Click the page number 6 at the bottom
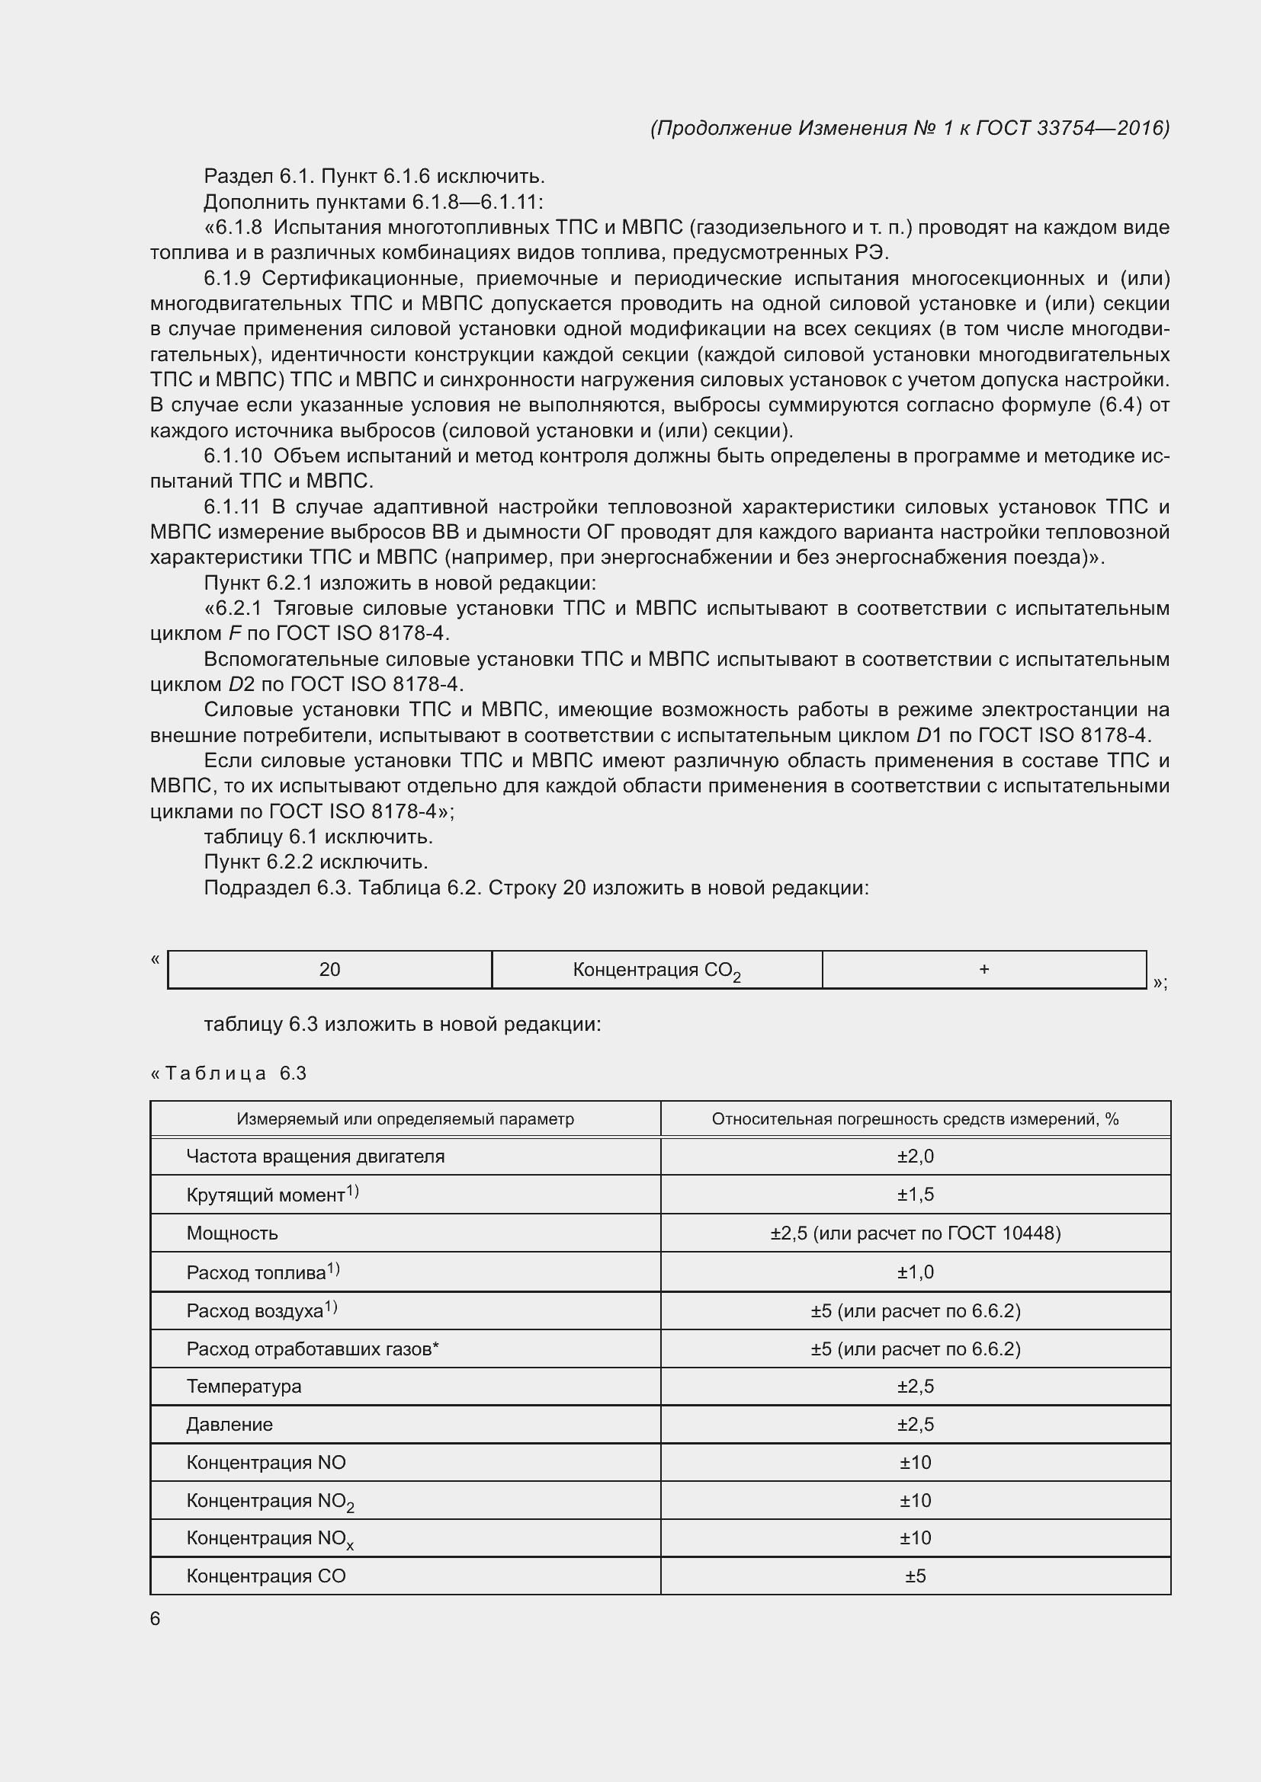tap(156, 1618)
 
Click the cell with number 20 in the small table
tap(329, 969)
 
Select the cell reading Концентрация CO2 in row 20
tap(656, 970)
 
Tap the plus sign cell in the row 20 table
tap(983, 968)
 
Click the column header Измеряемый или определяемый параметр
tap(405, 1118)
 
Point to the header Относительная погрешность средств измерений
tap(915, 1118)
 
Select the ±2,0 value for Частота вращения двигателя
tap(916, 1157)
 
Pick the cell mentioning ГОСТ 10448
tap(916, 1233)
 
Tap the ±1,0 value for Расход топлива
tap(916, 1272)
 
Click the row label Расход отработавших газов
tap(311, 1349)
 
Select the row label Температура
tap(243, 1386)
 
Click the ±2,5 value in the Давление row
tap(916, 1424)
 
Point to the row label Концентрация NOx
tap(268, 1538)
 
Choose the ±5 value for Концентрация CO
tap(916, 1576)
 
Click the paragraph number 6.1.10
tap(233, 456)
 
